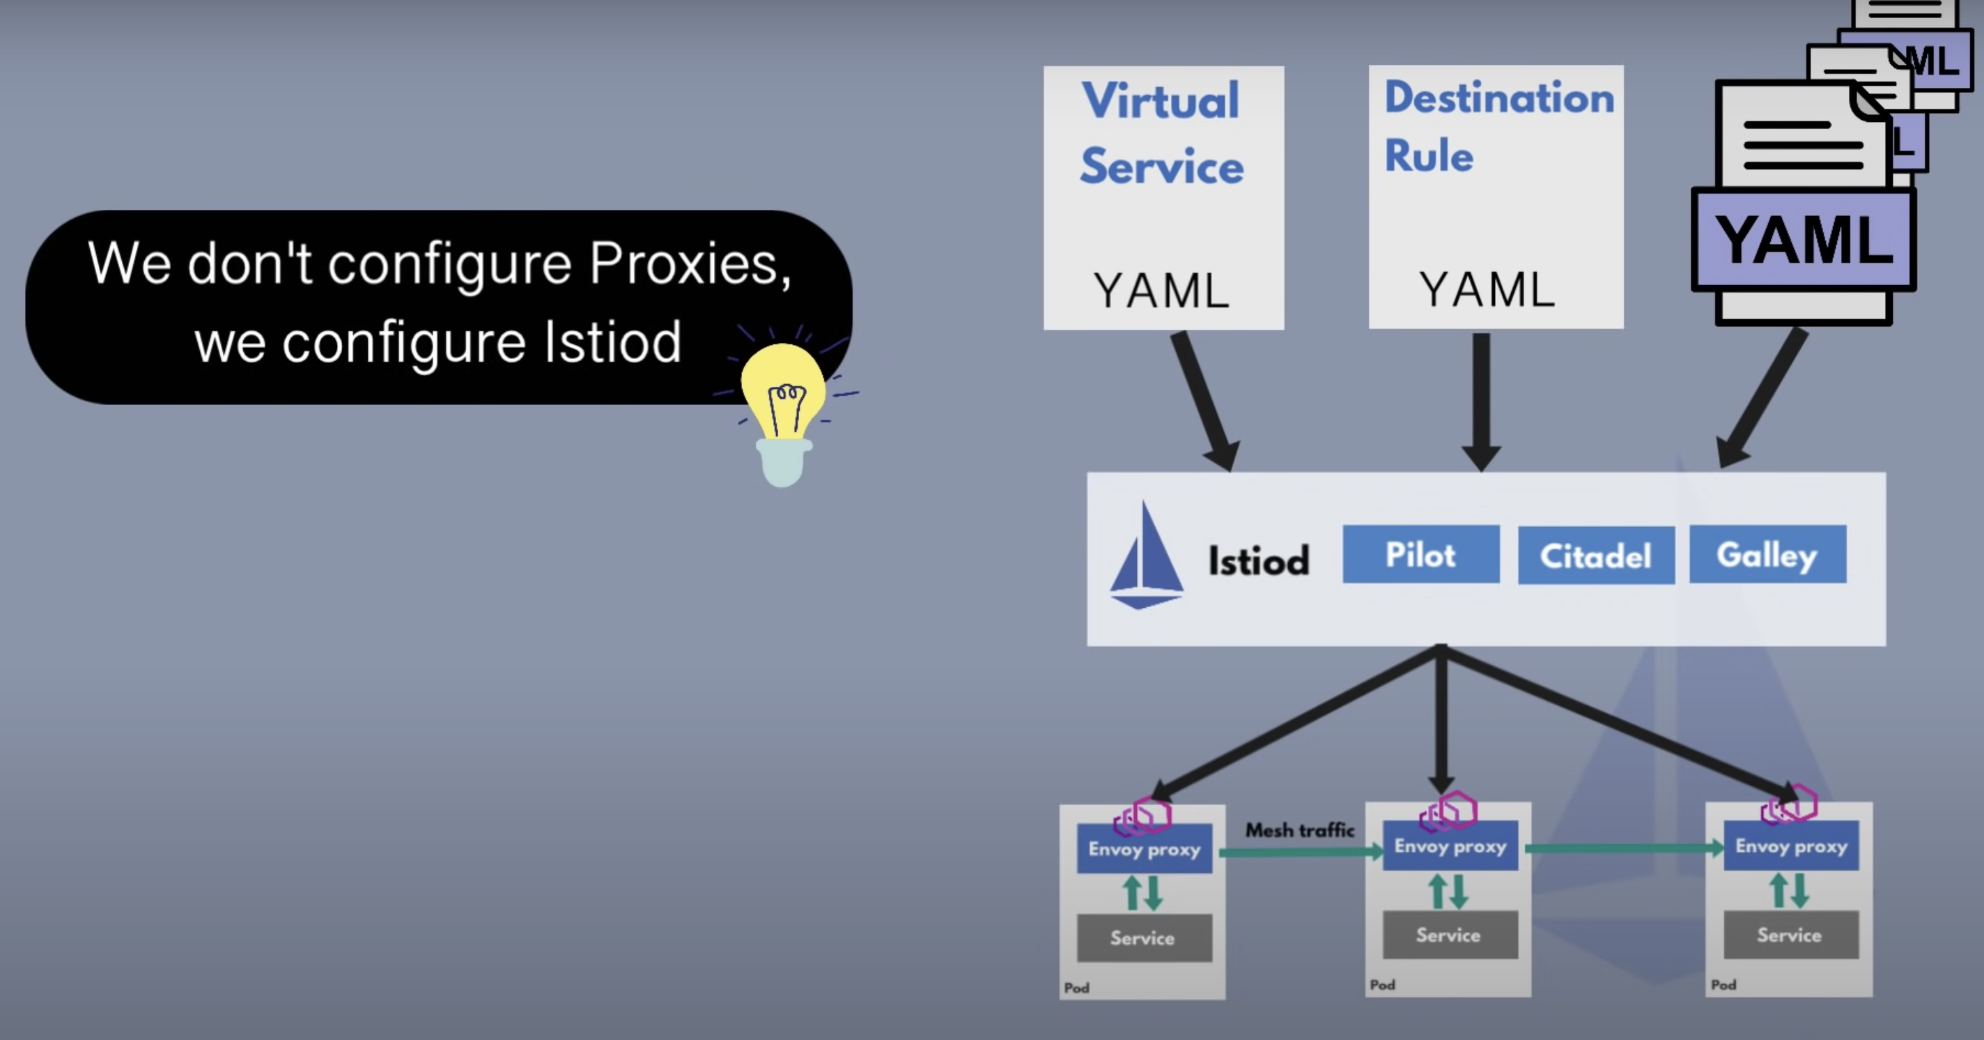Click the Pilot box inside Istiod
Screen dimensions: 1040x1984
point(1421,555)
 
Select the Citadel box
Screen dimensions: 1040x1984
point(1596,556)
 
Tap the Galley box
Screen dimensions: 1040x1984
point(1767,555)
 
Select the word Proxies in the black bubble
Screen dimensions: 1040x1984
point(690,263)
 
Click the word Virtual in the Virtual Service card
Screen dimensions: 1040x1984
point(1161,101)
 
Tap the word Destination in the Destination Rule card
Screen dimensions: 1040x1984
point(1498,98)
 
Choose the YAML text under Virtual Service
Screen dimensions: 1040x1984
point(1161,291)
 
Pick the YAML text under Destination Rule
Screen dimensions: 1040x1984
point(1487,290)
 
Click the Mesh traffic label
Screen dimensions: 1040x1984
point(1300,830)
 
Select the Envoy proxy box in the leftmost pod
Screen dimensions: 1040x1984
point(1145,849)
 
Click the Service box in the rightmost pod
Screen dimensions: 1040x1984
point(1790,935)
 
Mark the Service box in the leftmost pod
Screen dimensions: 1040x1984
point(1144,938)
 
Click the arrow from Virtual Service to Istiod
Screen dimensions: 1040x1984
point(1206,401)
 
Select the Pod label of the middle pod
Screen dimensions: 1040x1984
point(1383,984)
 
